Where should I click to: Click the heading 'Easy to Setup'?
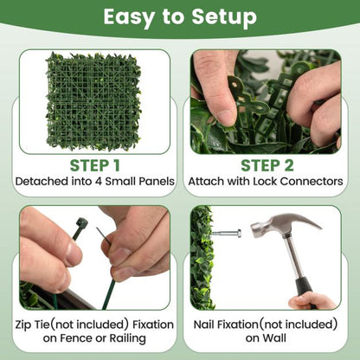[180, 17]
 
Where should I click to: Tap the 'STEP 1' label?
[92, 165]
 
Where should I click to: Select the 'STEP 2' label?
[267, 165]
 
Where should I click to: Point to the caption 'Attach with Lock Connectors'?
[267, 183]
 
